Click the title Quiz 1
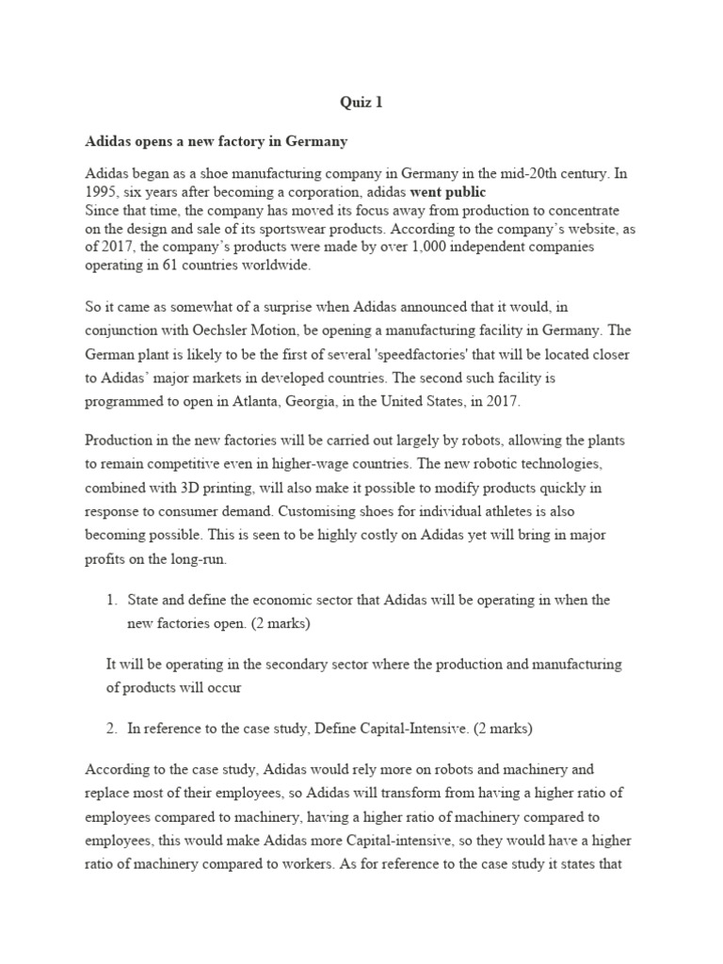pos(361,103)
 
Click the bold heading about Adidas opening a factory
pos(217,141)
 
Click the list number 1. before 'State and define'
pos(112,600)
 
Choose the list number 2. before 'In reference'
pos(112,728)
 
